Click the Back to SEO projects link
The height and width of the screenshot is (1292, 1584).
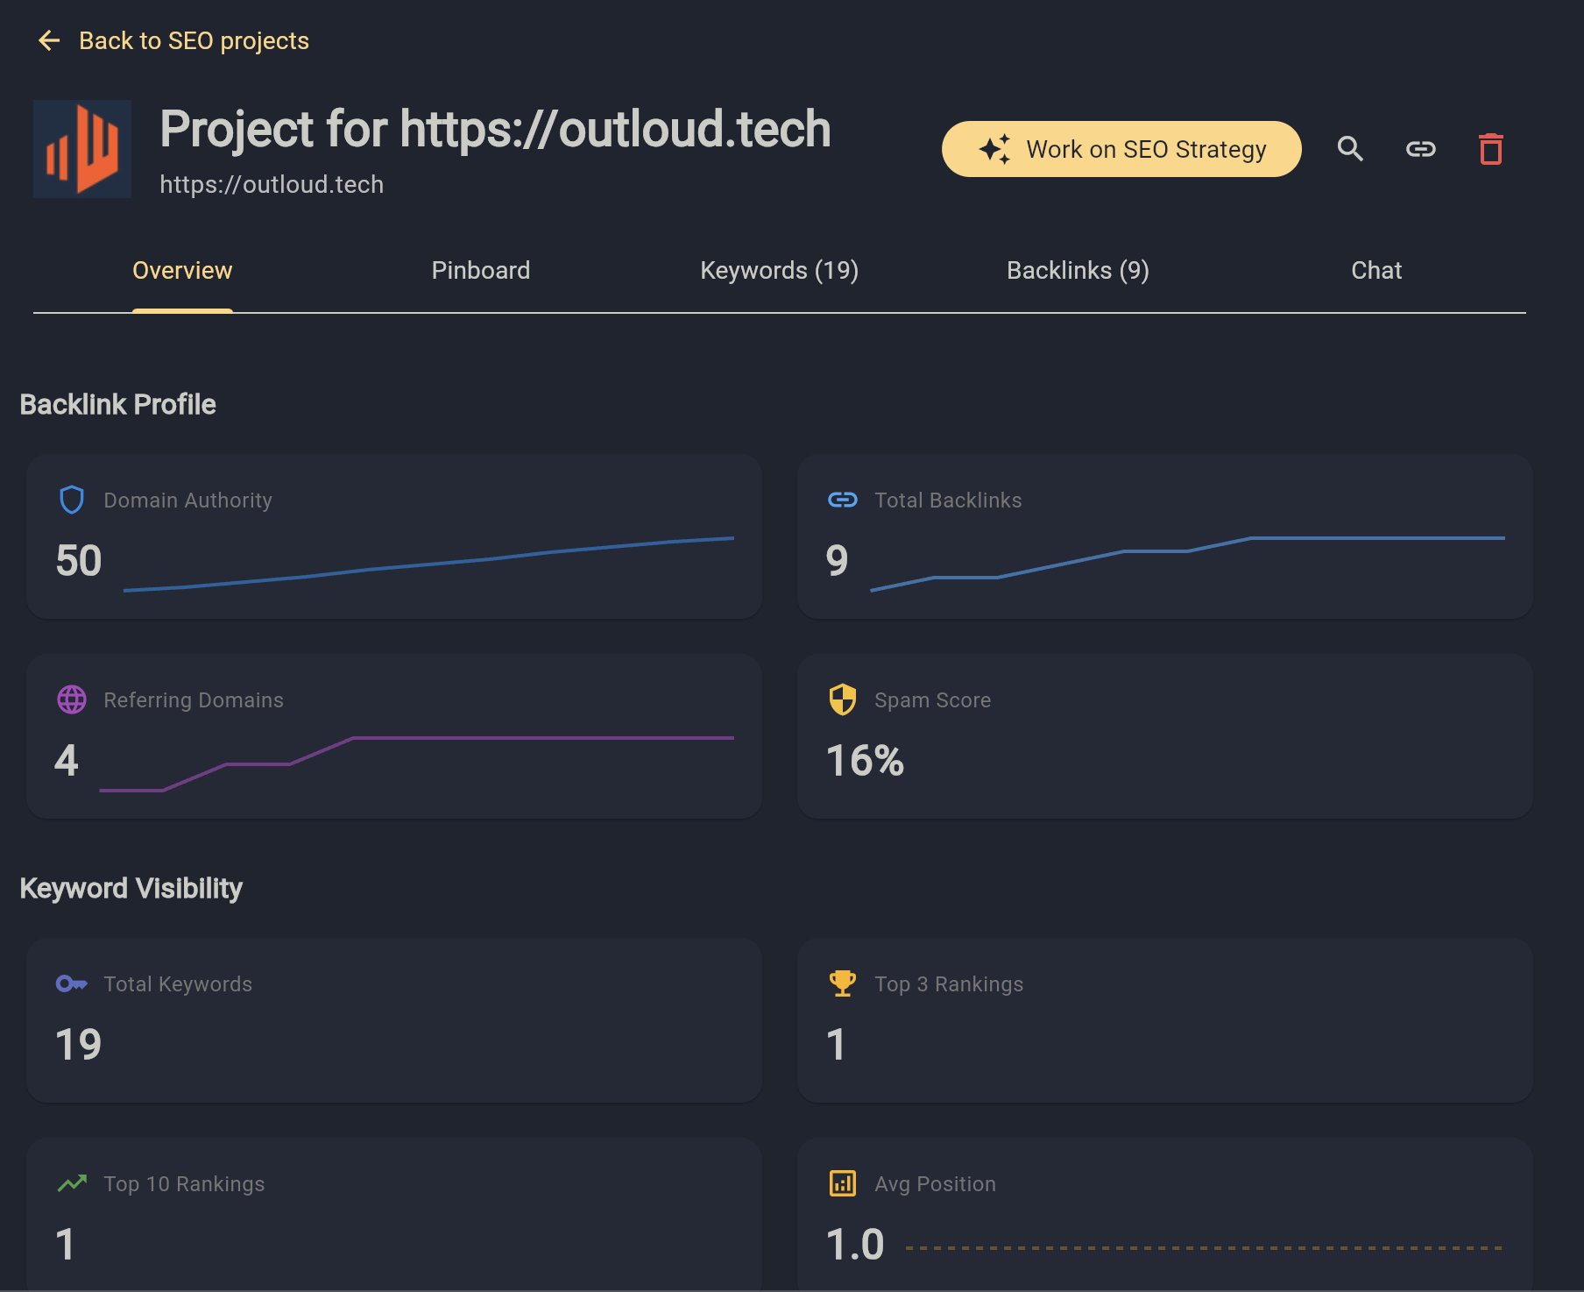(x=174, y=41)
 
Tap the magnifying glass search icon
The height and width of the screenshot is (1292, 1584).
(x=1350, y=149)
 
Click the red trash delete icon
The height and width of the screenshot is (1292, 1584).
(x=1490, y=149)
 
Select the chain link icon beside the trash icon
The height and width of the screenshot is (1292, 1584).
(x=1420, y=149)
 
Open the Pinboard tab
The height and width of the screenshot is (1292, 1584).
(x=480, y=271)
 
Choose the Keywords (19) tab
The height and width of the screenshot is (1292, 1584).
(x=779, y=271)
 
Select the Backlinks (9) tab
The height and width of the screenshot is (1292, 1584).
(x=1078, y=271)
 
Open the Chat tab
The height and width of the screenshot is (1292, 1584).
(x=1376, y=271)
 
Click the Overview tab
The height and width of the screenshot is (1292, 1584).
(x=182, y=271)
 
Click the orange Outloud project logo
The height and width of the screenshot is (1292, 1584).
(x=82, y=149)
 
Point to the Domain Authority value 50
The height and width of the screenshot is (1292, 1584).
(x=79, y=561)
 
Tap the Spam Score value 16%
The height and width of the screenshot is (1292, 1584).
(x=865, y=761)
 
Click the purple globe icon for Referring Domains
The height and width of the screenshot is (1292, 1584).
(x=72, y=699)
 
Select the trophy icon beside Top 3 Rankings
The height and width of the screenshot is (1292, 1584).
(x=843, y=983)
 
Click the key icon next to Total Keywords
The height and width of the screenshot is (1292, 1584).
(x=72, y=983)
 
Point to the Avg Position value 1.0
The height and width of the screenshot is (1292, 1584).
(x=855, y=1245)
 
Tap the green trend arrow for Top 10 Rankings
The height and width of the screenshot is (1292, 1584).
(x=72, y=1183)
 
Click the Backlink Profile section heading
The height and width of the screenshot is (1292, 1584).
(x=117, y=405)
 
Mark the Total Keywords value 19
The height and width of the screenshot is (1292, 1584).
(x=79, y=1045)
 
